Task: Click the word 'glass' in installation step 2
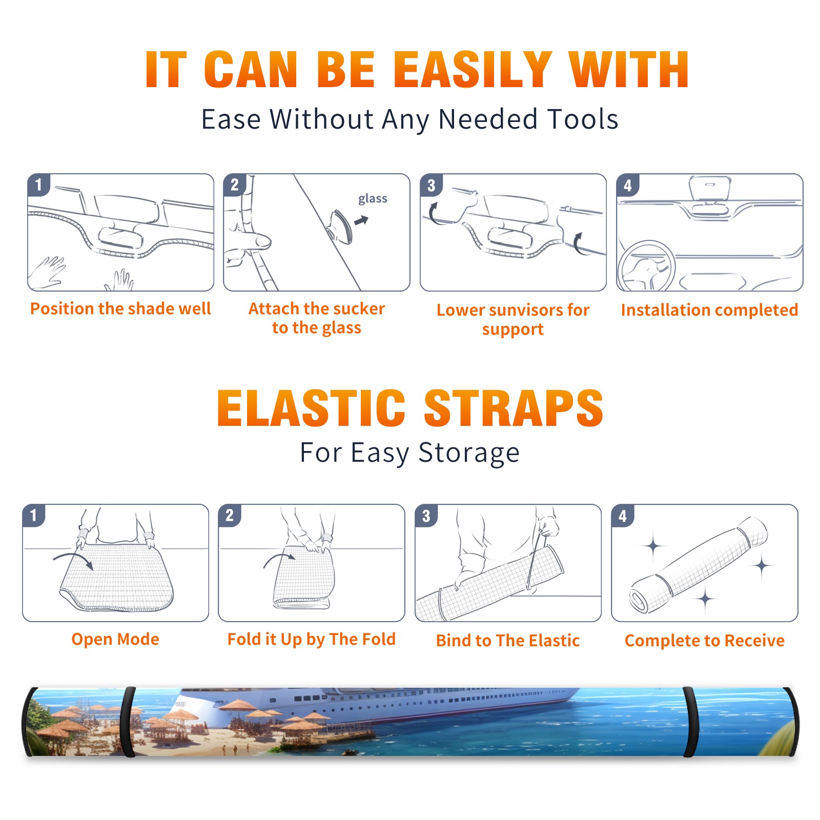373,199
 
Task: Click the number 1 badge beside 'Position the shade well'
39,184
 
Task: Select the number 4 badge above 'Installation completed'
628,185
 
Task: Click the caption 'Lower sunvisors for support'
513,319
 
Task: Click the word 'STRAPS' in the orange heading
514,408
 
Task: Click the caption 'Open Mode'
115,639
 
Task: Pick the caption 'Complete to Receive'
705,641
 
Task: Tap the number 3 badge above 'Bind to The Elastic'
426,516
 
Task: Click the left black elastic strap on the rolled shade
128,722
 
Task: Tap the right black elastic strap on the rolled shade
690,722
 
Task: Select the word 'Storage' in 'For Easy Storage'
469,454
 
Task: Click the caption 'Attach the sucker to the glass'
317,318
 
